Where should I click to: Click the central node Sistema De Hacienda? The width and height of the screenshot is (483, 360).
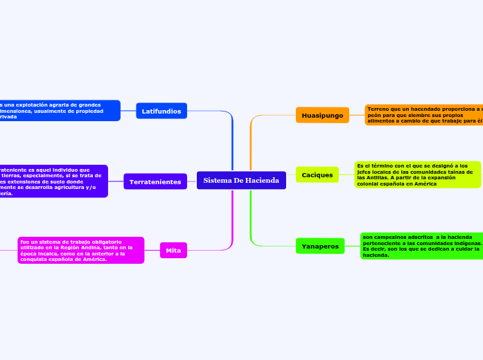(241, 181)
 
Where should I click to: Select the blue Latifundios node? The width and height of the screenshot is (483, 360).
(161, 111)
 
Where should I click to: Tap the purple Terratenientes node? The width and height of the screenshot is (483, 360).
(155, 181)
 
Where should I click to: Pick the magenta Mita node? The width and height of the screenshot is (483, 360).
(173, 250)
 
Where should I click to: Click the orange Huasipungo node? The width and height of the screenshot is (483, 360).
(322, 115)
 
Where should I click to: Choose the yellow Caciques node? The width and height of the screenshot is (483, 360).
(317, 175)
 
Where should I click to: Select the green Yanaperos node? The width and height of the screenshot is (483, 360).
(320, 246)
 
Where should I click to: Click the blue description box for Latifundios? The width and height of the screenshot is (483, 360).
(60, 111)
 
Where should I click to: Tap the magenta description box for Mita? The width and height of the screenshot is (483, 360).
(81, 250)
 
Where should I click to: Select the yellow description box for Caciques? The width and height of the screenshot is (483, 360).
(417, 174)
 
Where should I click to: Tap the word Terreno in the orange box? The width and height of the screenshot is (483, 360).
(379, 109)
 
